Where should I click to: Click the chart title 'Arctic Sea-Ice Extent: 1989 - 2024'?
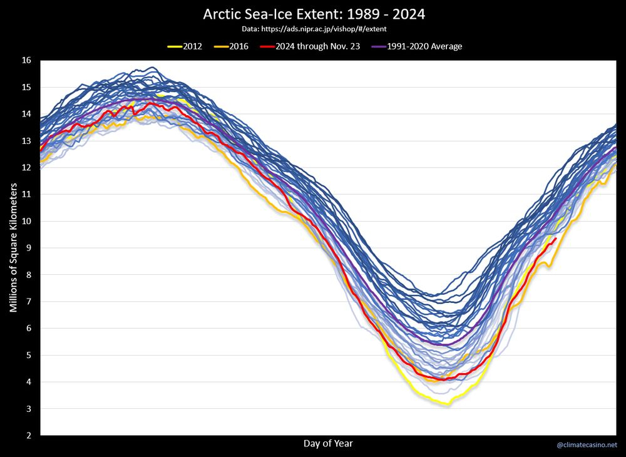[x=314, y=14]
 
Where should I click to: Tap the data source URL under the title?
[x=314, y=29]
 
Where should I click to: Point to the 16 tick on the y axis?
[x=26, y=61]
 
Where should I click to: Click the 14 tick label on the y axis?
[x=26, y=114]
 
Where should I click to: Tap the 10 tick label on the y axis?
[x=26, y=221]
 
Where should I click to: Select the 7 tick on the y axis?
[x=28, y=301]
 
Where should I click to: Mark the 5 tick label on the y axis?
[x=28, y=355]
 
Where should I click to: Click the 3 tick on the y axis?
[x=28, y=408]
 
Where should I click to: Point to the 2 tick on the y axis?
[x=28, y=435]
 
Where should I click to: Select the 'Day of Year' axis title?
[x=328, y=444]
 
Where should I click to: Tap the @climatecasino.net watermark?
[x=587, y=445]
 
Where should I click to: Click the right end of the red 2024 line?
[x=555, y=239]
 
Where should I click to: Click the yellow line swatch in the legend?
[x=175, y=46]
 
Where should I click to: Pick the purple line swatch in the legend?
[x=379, y=46]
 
